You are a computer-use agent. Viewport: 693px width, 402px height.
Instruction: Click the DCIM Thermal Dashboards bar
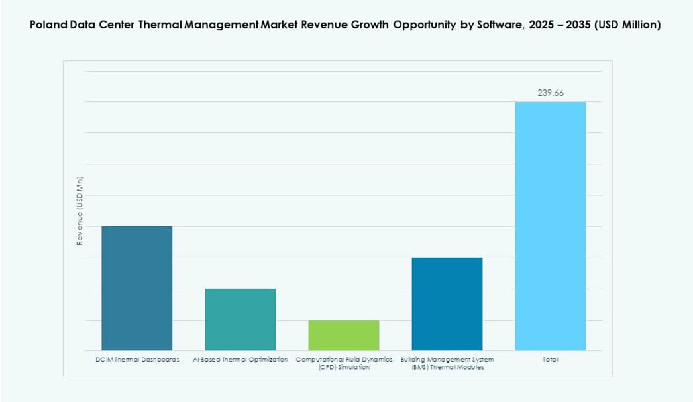tap(136, 288)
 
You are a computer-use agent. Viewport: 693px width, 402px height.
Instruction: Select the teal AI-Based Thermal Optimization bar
tap(240, 319)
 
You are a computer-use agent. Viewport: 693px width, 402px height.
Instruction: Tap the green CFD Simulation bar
tap(343, 335)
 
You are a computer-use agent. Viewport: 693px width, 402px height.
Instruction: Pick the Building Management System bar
tap(447, 304)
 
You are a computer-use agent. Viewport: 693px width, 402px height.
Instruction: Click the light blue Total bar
tap(550, 226)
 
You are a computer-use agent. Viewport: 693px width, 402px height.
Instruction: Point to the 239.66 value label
tap(550, 93)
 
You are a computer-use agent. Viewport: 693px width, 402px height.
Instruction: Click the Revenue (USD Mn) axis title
tap(80, 211)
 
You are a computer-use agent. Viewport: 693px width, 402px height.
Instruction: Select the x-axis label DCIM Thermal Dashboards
tap(136, 360)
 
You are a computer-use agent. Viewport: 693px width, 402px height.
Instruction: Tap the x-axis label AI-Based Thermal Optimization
tap(240, 360)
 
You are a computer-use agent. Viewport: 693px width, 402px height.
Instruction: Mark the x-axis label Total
tap(550, 360)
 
